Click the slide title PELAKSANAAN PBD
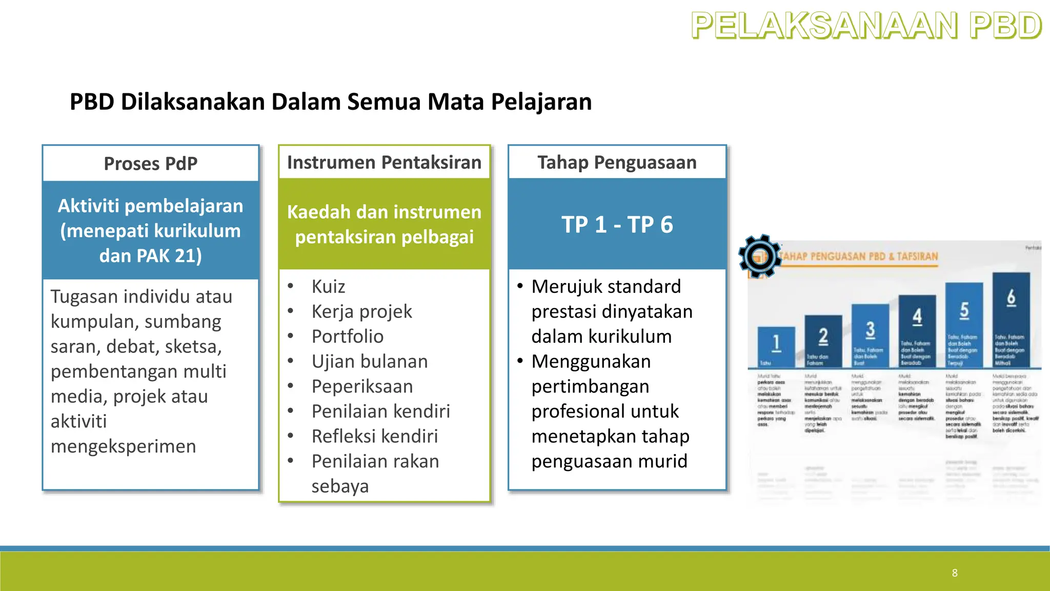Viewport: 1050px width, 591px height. [866, 26]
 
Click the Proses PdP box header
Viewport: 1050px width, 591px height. [150, 164]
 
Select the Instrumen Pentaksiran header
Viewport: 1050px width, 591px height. [384, 163]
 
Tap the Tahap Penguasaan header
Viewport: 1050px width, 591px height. [617, 163]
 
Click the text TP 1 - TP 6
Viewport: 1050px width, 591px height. [617, 225]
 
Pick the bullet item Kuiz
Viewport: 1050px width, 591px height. [328, 286]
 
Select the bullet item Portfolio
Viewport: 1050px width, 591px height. [347, 337]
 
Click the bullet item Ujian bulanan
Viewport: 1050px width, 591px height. [369, 362]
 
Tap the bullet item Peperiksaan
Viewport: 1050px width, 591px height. [362, 386]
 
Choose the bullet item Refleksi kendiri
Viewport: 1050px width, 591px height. [374, 437]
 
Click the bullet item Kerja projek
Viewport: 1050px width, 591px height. [361, 311]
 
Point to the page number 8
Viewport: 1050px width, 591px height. [955, 573]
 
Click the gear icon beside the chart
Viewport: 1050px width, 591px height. [760, 255]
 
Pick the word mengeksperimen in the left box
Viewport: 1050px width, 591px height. [123, 446]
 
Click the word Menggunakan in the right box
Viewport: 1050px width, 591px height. [591, 362]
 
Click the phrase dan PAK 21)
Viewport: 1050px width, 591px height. [150, 255]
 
